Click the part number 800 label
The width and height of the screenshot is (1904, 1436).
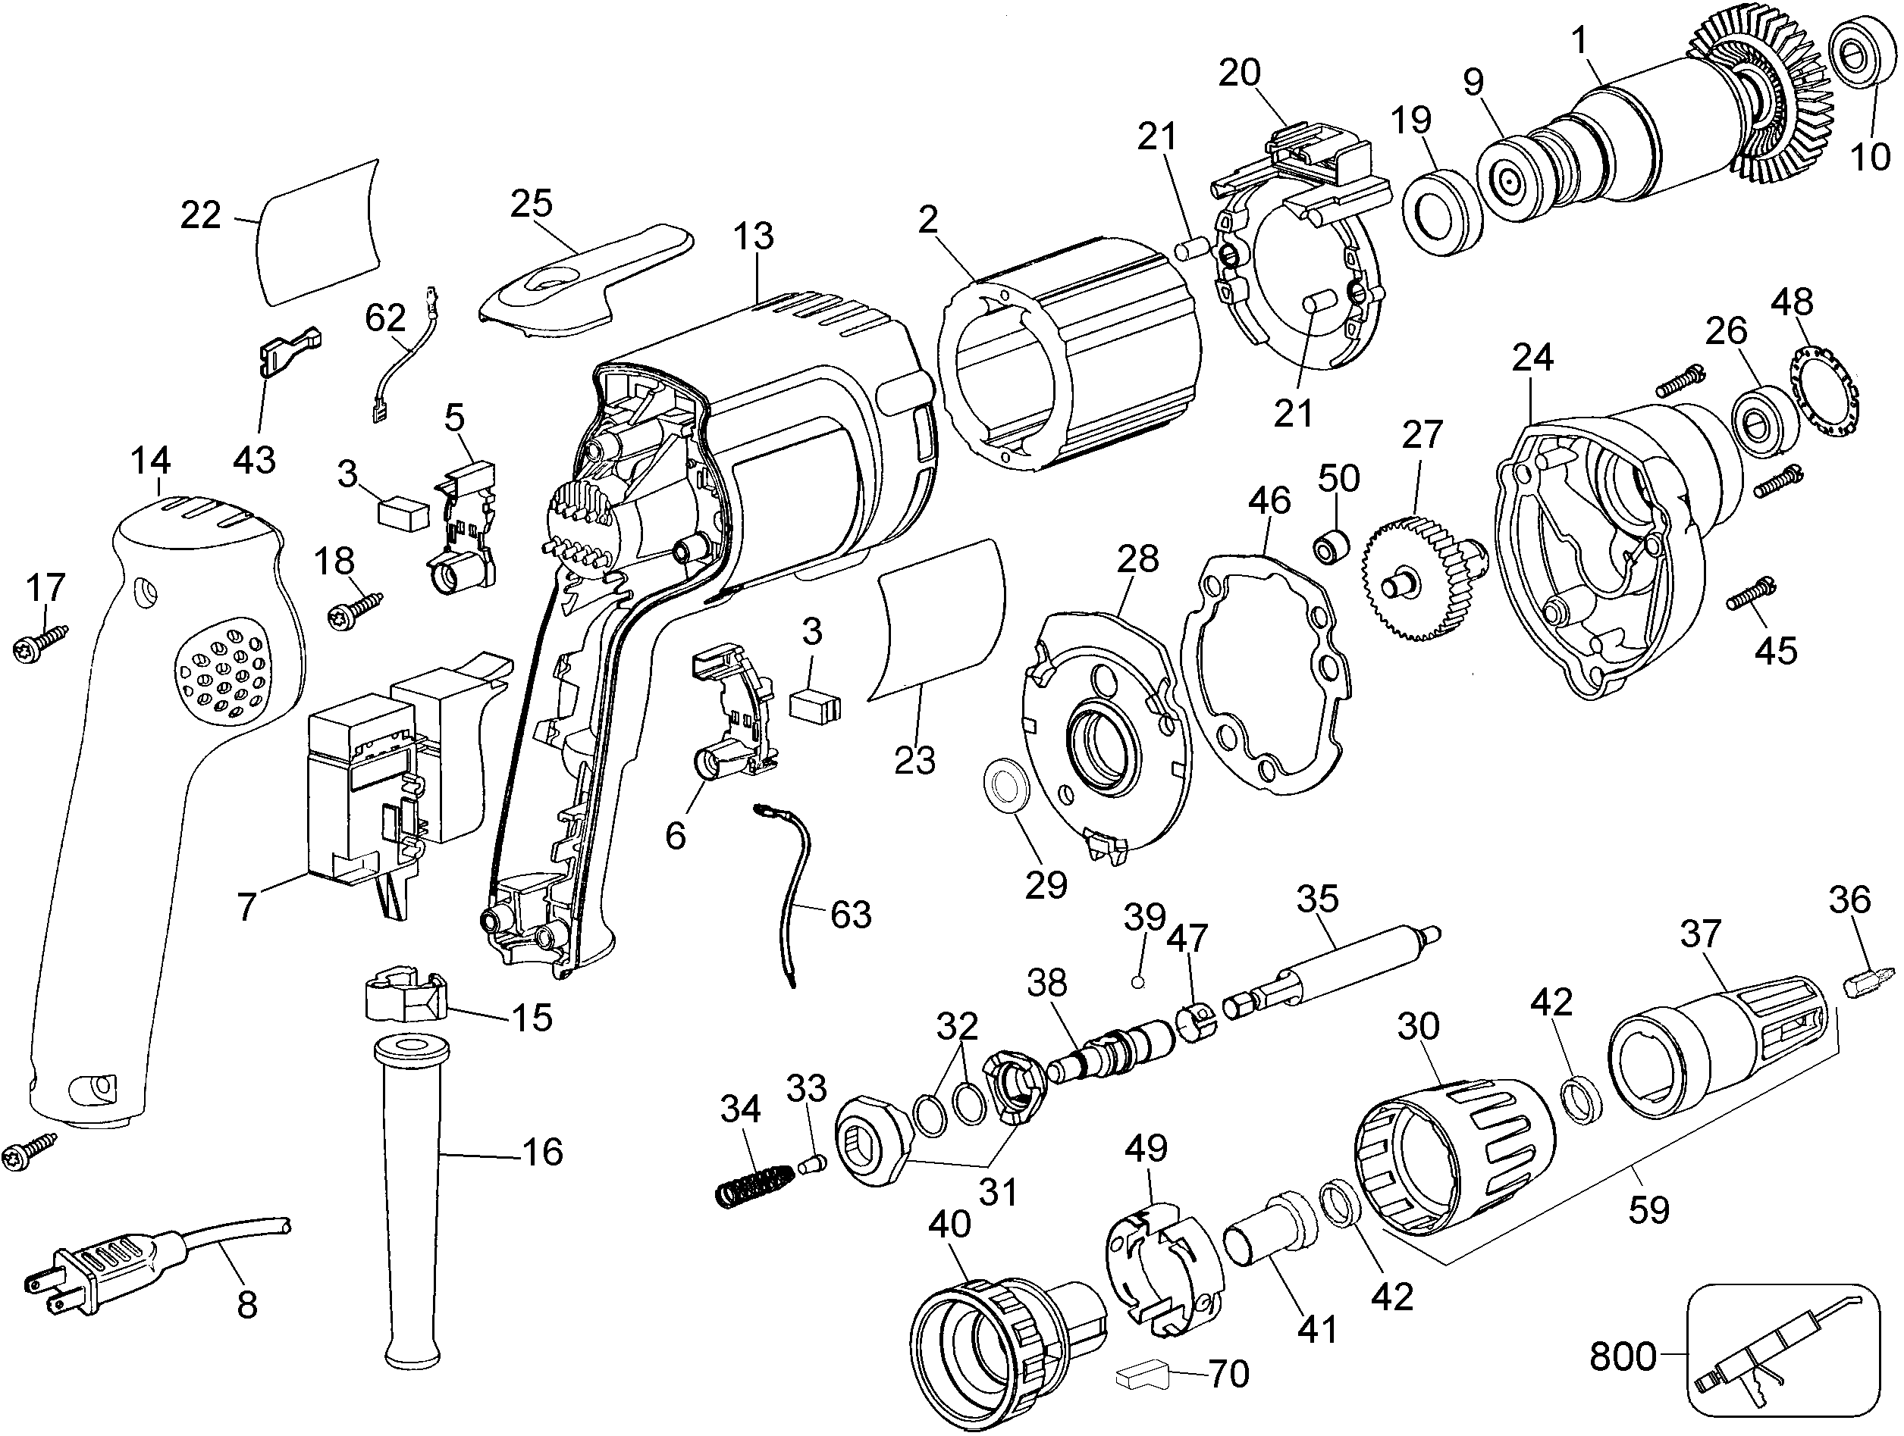point(1623,1357)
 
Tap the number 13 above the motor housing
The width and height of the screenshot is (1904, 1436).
point(754,236)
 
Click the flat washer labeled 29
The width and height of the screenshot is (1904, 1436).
point(1002,784)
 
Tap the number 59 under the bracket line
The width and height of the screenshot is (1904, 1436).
point(1648,1209)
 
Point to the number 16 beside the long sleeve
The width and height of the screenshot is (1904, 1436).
point(542,1152)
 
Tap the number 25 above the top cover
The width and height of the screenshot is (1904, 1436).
point(531,203)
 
